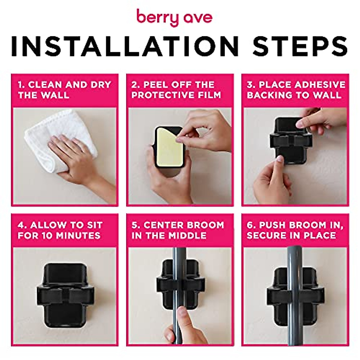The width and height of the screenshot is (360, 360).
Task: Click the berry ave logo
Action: coord(174,18)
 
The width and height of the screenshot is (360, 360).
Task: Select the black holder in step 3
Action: coord(288,141)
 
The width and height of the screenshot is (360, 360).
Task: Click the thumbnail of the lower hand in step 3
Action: coord(280,159)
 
